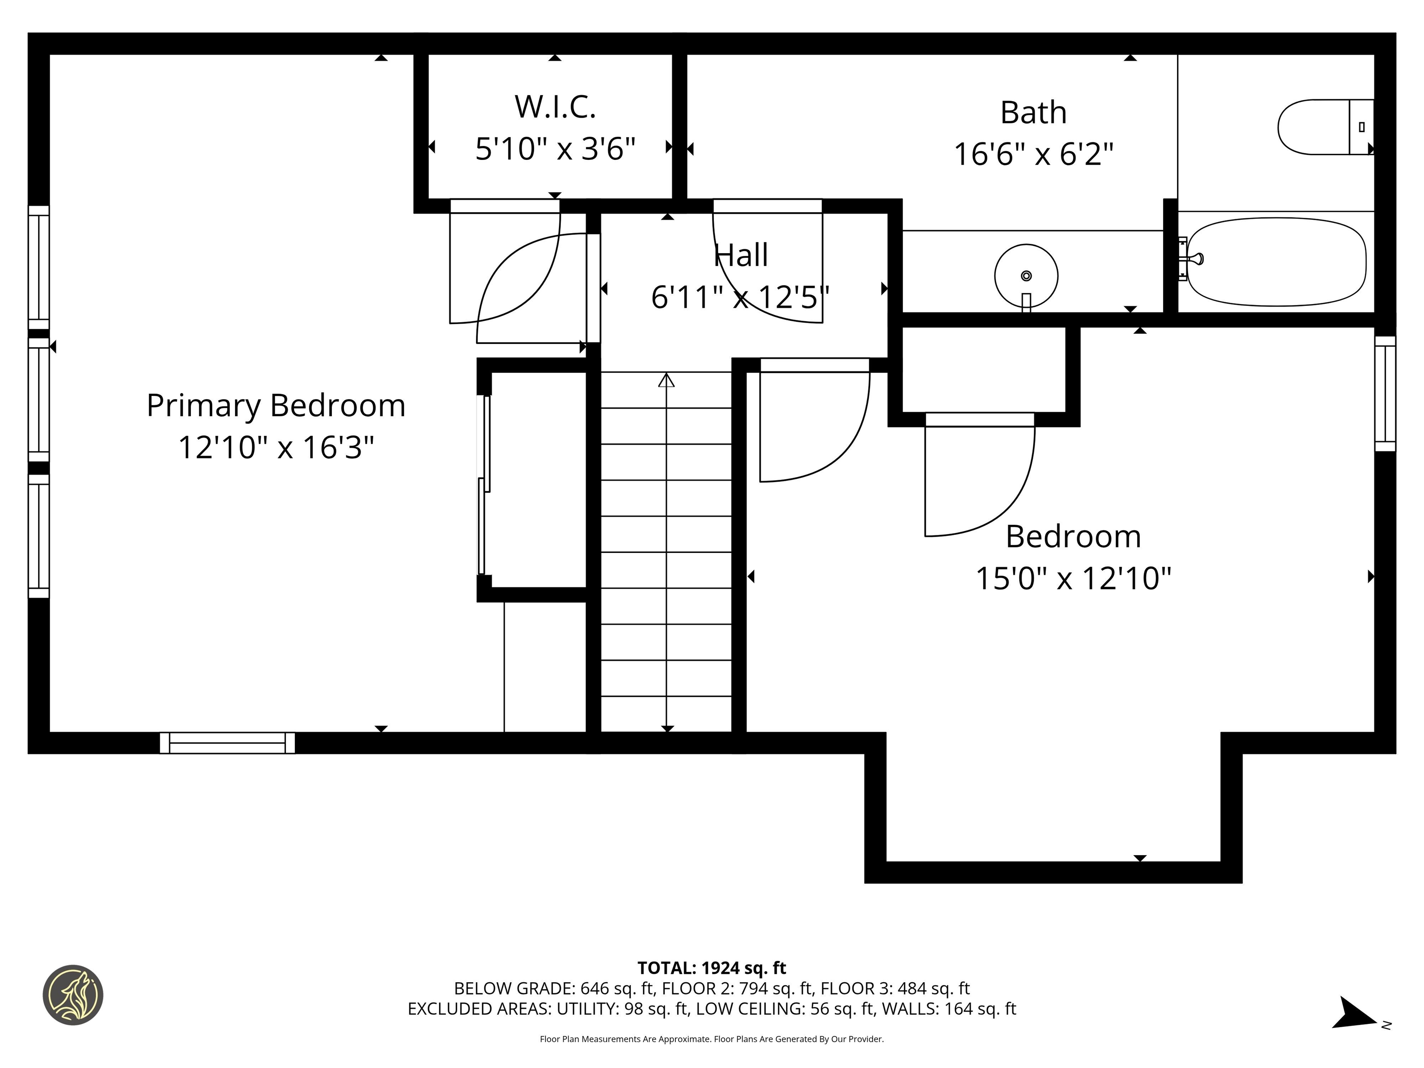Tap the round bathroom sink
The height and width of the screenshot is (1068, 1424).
[1026, 275]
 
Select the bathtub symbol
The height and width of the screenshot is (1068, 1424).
[1276, 262]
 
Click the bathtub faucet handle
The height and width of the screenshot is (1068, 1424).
[1195, 259]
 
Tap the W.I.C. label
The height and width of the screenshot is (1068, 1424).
[555, 107]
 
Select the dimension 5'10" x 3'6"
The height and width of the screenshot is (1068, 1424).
[555, 149]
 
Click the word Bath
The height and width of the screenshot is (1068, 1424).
[1033, 113]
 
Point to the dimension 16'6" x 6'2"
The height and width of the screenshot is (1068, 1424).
[1033, 154]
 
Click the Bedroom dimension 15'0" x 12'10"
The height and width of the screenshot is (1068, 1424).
[1073, 578]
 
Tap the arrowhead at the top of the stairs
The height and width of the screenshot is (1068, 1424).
[666, 381]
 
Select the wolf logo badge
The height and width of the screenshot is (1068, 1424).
[73, 995]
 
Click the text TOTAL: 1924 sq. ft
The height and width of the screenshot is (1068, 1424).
[712, 968]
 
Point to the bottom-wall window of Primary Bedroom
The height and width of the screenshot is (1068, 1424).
[227, 743]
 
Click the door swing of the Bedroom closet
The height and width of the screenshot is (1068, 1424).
[979, 477]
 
